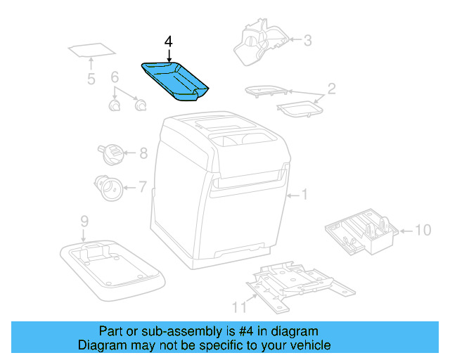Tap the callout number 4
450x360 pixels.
168,41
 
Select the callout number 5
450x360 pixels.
91,79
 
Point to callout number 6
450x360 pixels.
115,77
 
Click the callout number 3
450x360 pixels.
307,40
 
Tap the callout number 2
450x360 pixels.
331,89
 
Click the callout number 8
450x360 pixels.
143,153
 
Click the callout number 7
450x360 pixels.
142,187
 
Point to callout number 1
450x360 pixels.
304,195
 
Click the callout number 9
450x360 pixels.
84,221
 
